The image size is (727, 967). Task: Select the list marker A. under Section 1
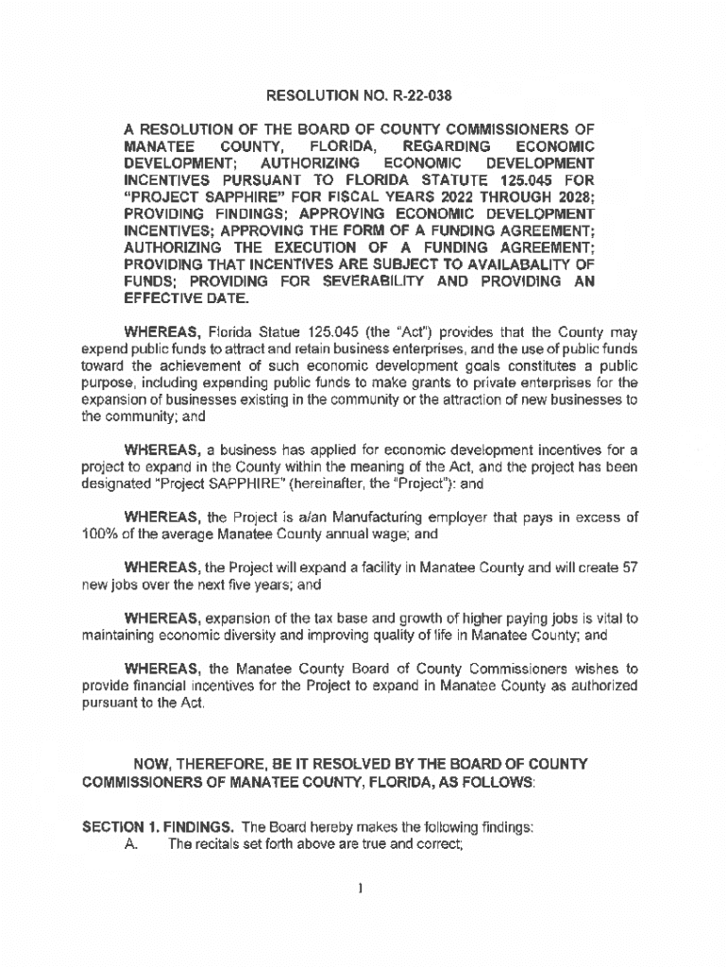tap(132, 843)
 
